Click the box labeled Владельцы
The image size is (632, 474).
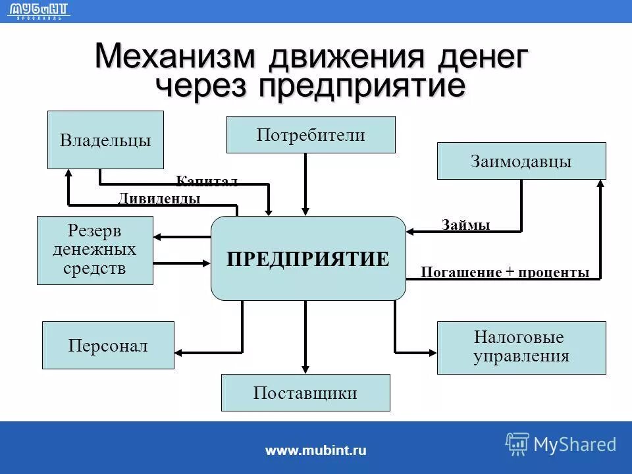coord(105,140)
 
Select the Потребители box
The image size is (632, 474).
coord(311,135)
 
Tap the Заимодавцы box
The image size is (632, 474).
coord(521,161)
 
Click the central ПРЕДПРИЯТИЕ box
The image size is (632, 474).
coord(308,258)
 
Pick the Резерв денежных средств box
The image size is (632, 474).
coord(95,250)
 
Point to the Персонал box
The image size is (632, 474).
coord(108,345)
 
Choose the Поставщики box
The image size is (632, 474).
coord(305,393)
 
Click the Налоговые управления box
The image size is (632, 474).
coord(521,348)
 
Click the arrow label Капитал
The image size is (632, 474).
coord(207,181)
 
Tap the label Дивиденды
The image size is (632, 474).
coord(159,198)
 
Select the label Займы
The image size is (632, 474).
coord(466,225)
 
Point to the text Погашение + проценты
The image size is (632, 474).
coord(505,273)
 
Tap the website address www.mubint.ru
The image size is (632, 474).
coord(316,450)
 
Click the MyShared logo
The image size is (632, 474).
coord(561,444)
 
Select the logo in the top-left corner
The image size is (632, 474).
coord(39,11)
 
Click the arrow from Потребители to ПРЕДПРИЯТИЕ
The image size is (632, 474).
coord(305,184)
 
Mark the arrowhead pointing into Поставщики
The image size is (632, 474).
coord(305,369)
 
